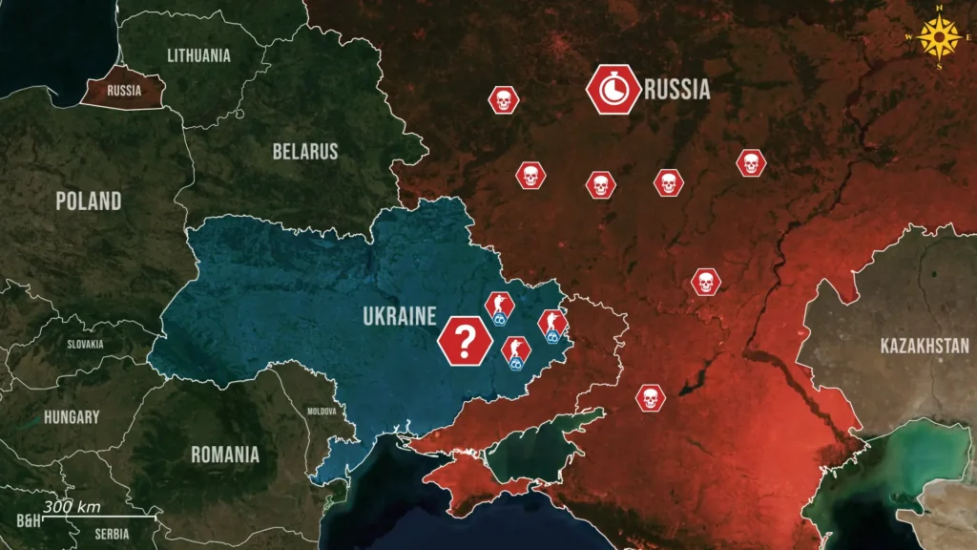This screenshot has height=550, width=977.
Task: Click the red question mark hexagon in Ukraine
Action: [464, 340]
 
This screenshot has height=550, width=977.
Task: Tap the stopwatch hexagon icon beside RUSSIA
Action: [613, 90]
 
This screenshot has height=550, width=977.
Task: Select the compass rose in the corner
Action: [943, 38]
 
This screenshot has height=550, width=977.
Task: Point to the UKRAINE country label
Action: [399, 316]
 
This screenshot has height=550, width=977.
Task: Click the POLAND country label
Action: [88, 201]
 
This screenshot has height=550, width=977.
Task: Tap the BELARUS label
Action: [305, 151]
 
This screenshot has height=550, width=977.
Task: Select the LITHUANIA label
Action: [198, 55]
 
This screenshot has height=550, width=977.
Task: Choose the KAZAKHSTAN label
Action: [925, 346]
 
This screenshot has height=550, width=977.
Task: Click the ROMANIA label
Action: [225, 455]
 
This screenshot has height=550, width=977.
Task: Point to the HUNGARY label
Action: [71, 417]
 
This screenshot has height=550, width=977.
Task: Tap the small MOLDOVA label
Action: [322, 412]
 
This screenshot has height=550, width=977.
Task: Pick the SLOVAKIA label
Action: [85, 345]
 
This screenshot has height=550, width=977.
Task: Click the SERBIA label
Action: [112, 534]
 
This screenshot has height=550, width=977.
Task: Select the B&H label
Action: [29, 521]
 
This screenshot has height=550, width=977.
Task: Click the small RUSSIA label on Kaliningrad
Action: [124, 92]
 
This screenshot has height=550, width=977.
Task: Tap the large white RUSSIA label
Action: [677, 91]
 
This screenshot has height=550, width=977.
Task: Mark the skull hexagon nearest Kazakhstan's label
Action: [706, 282]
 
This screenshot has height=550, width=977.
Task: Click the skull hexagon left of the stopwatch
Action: [503, 99]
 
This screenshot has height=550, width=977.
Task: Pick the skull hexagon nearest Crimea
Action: [650, 398]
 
